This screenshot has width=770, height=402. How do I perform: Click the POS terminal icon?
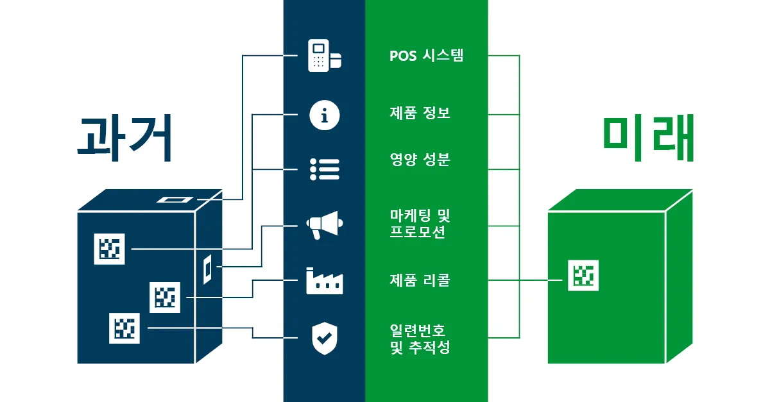324,56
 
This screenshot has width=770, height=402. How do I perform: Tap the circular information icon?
324,115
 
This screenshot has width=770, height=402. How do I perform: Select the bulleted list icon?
324,169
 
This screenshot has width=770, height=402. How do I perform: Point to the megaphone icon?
324,224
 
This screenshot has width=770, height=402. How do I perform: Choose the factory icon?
324,281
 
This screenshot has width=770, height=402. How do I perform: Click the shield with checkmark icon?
324,338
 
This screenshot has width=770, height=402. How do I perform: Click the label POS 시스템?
426,56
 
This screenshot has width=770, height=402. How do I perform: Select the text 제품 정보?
420,113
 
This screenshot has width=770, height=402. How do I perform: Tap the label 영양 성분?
420,160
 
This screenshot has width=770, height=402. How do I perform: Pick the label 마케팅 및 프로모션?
421,224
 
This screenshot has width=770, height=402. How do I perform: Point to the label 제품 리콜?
420,280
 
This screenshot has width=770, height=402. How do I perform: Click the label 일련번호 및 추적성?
420,339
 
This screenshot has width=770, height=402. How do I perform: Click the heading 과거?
125,138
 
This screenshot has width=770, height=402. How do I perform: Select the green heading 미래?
649,139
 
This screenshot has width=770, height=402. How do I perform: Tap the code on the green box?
583,276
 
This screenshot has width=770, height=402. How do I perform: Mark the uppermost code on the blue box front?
110,249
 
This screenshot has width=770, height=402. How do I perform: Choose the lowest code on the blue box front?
124,328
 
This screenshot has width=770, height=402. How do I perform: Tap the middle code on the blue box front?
165,297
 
